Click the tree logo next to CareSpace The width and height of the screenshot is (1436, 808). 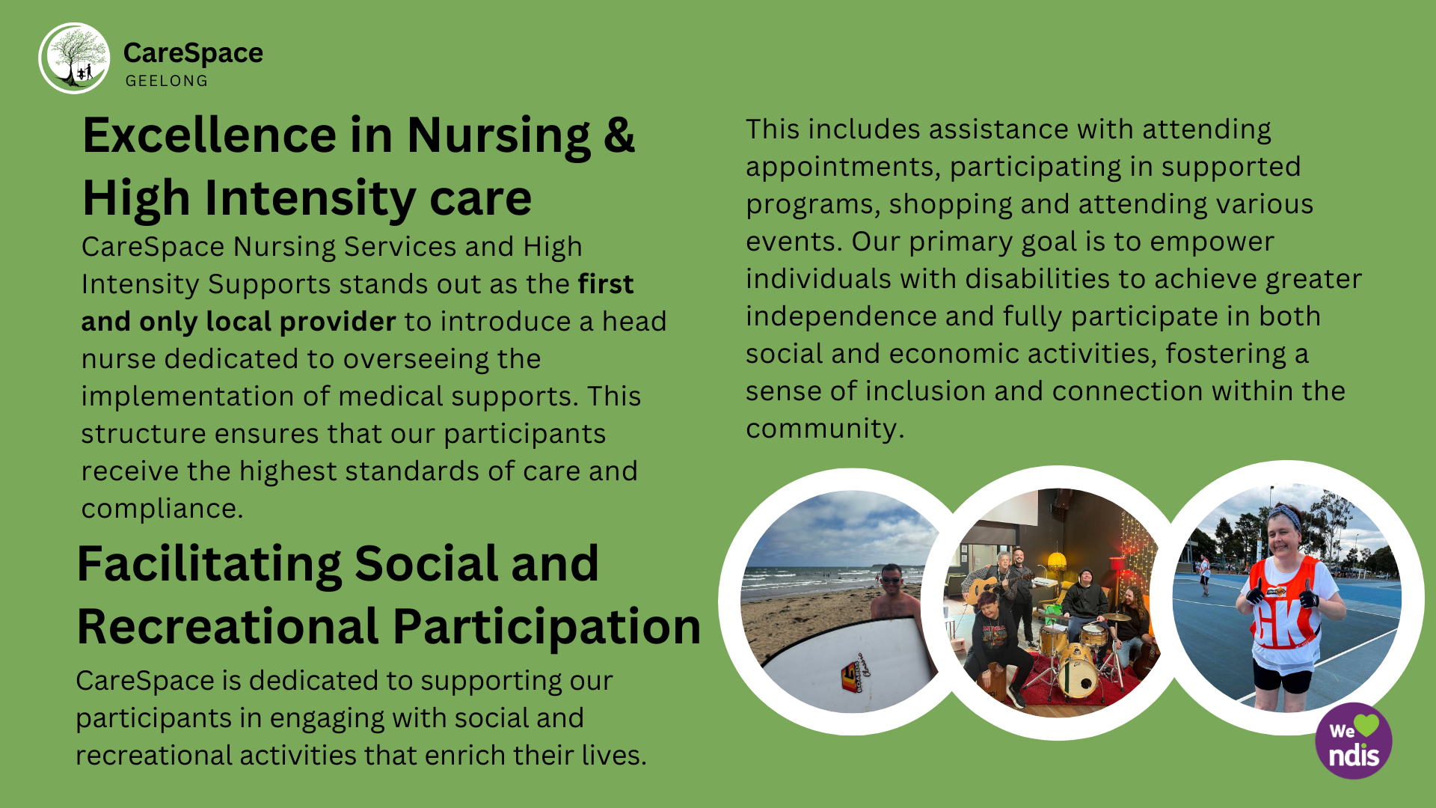pos(74,58)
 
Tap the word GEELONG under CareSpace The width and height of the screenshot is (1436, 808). pos(167,81)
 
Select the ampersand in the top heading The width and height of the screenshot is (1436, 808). pos(619,135)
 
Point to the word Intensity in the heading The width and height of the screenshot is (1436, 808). pos(310,198)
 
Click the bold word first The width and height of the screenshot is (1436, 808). pos(606,284)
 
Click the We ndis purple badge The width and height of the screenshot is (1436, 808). pos(1354,741)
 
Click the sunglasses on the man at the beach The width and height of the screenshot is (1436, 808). pos(892,580)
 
